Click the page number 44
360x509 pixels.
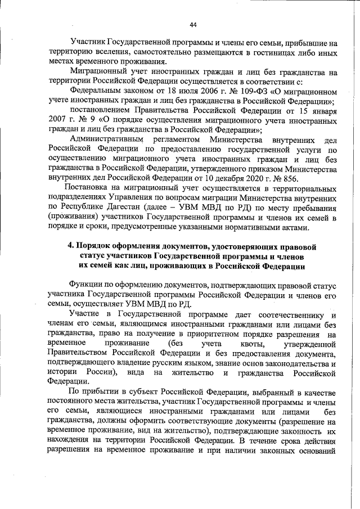193,24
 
